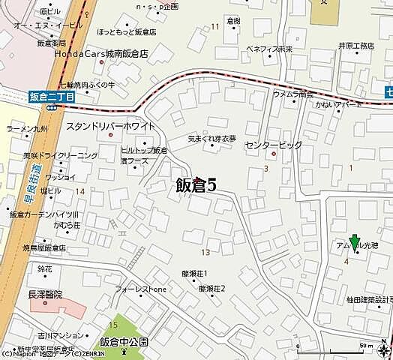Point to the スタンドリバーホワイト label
(x=110, y=126)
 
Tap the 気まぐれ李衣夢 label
(x=212, y=139)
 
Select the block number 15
(x=113, y=324)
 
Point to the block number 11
(x=215, y=27)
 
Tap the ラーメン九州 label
(x=26, y=128)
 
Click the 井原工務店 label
(x=356, y=46)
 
